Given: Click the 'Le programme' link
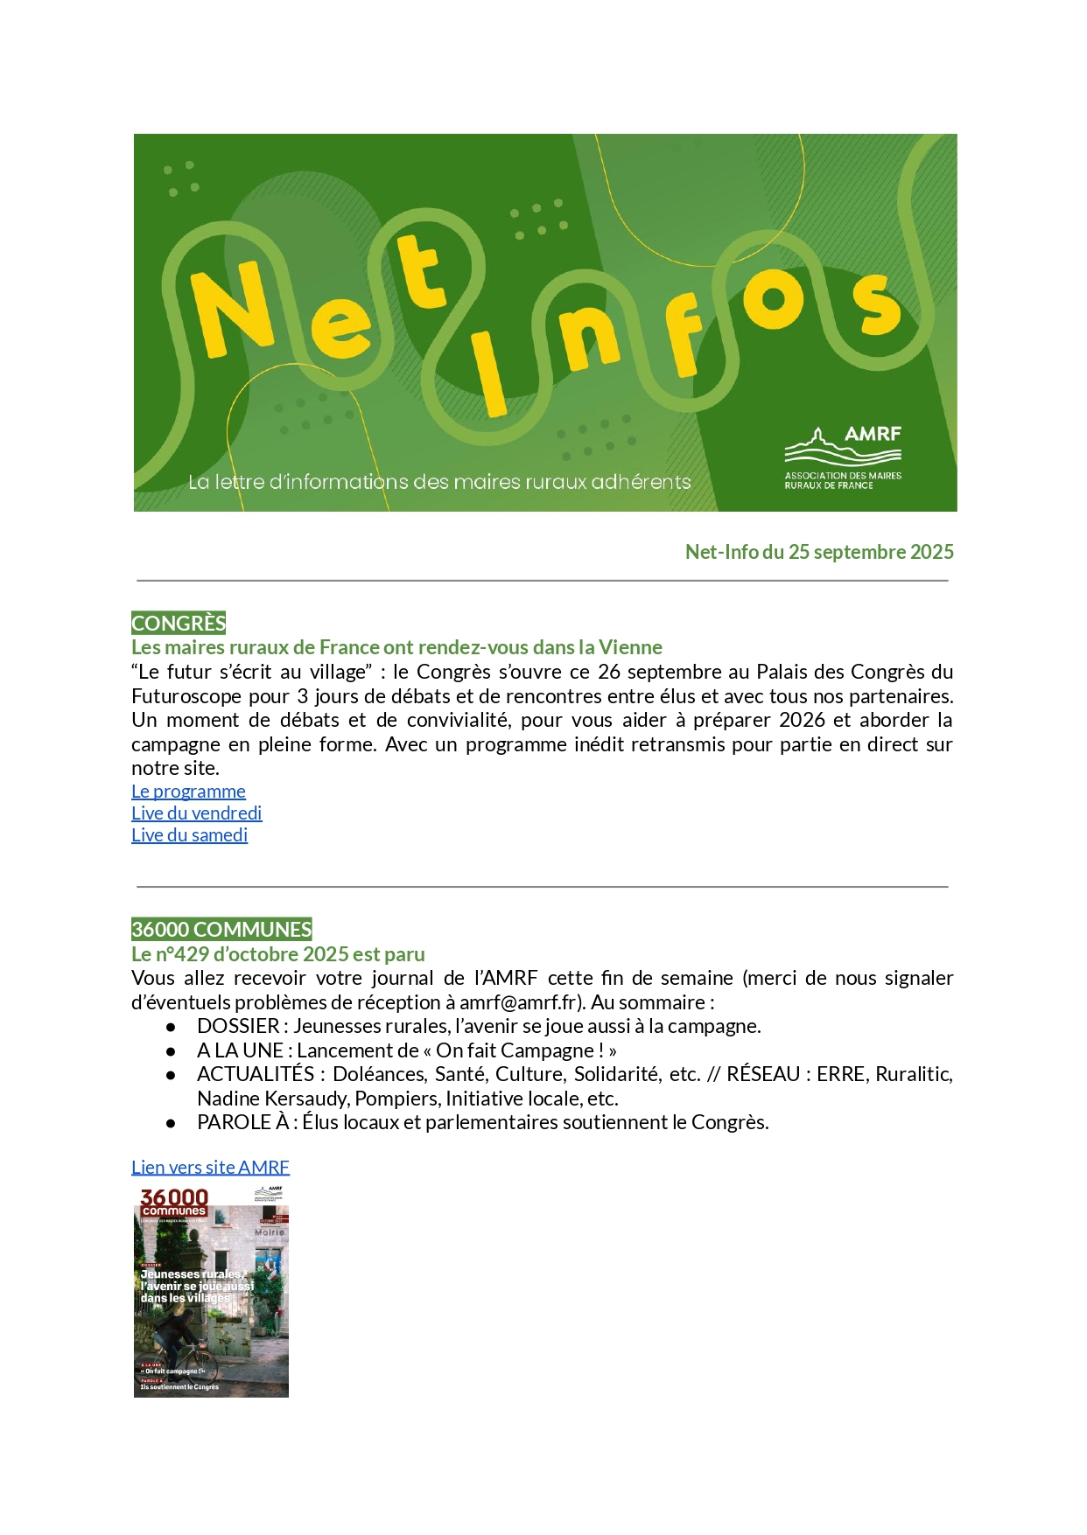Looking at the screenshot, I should (x=188, y=792).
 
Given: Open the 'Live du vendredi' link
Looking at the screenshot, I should (x=196, y=813).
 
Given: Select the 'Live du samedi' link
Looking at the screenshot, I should (x=189, y=835).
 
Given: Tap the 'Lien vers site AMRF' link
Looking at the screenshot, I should (x=210, y=1167).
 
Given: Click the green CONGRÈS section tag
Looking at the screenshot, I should (x=179, y=623).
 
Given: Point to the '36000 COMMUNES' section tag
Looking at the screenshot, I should (x=221, y=929).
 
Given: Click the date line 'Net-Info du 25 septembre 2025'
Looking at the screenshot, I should (x=818, y=552).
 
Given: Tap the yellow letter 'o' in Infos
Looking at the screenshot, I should (x=772, y=299).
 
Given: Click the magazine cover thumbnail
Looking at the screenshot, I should (x=211, y=1291).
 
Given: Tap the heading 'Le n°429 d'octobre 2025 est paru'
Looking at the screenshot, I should (x=278, y=953).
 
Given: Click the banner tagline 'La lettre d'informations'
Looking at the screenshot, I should (x=289, y=482).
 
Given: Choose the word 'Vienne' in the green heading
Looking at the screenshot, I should (x=630, y=647).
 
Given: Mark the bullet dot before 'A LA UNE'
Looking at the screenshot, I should (x=171, y=1050).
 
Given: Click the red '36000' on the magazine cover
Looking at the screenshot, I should (x=174, y=1197).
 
